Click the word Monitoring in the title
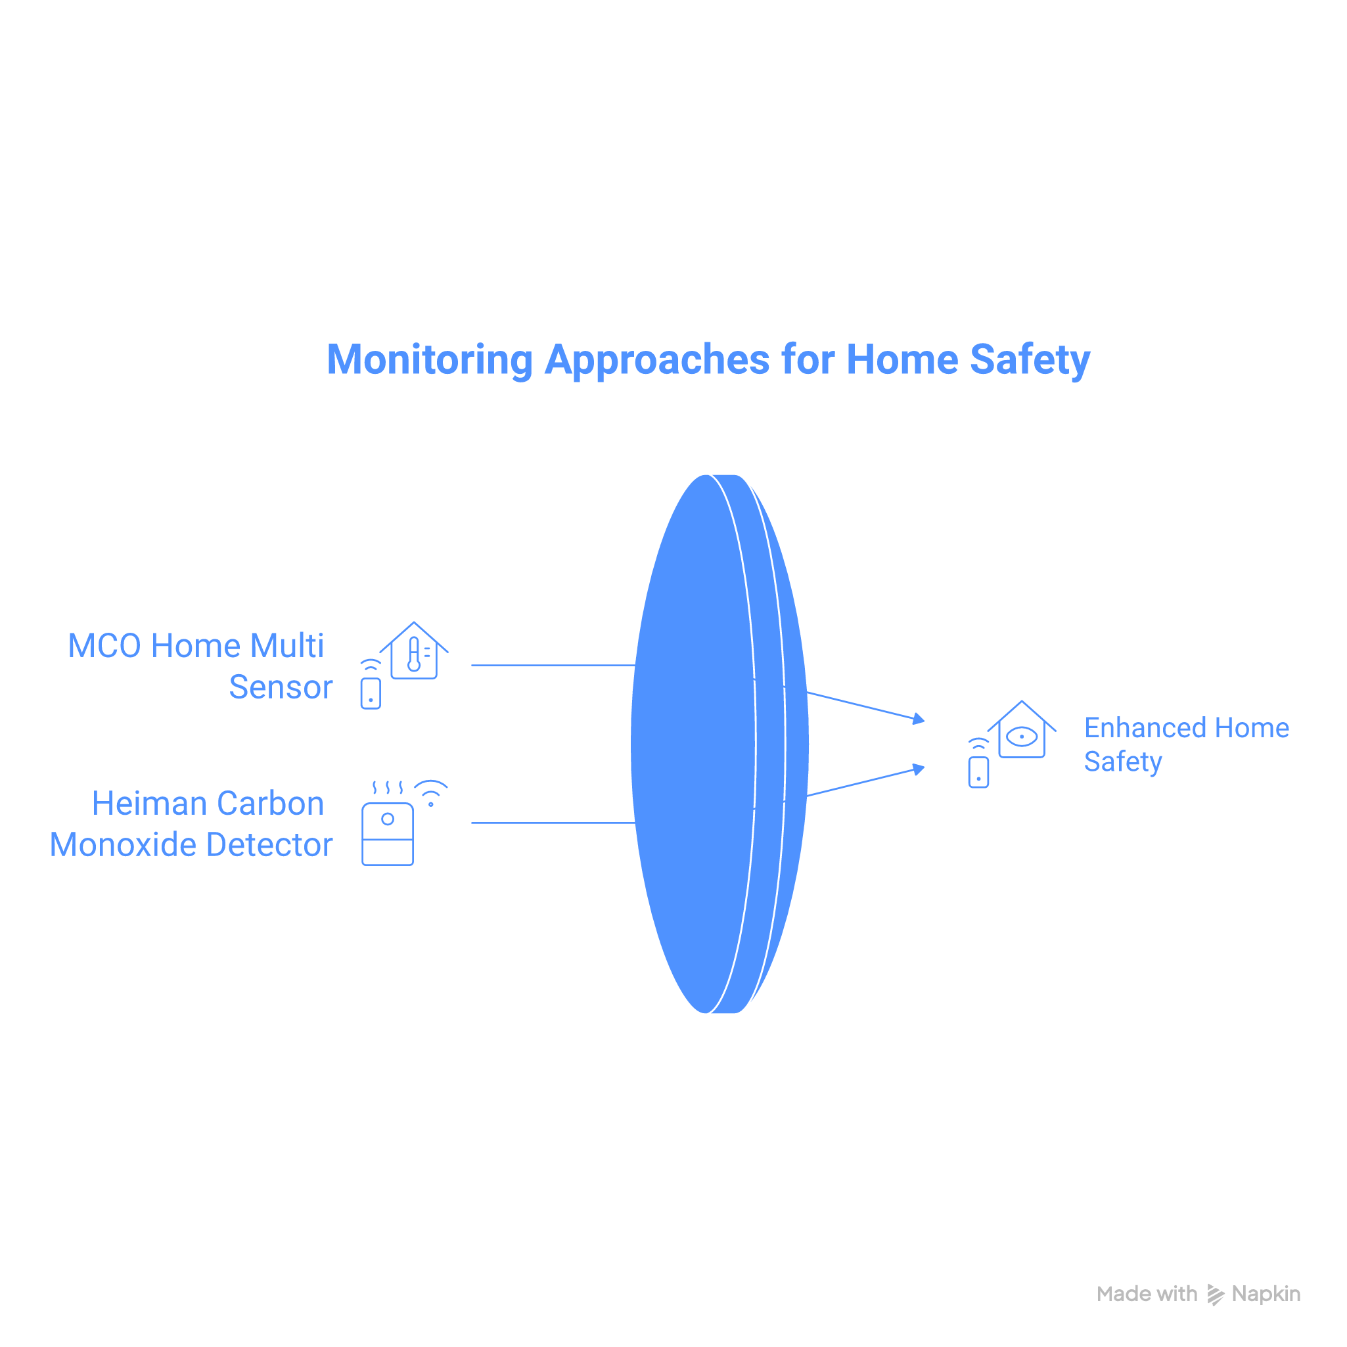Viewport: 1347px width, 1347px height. point(430,361)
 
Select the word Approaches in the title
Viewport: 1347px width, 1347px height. point(657,361)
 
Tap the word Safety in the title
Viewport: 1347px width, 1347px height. point(1030,361)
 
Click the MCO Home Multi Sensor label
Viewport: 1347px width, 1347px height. point(199,666)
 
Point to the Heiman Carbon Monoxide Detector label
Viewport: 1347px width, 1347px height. point(191,823)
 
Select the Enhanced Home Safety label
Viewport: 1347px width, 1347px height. point(1186,744)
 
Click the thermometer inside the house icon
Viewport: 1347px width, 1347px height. point(414,654)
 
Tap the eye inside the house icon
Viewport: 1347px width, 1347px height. point(1022,736)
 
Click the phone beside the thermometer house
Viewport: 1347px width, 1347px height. point(370,693)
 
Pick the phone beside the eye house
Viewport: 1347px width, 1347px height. point(978,772)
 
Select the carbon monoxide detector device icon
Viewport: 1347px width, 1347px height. point(388,834)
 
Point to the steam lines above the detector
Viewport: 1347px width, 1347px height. point(388,788)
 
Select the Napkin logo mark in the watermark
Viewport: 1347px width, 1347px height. point(1215,1294)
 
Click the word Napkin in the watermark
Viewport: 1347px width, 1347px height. point(1266,1294)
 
